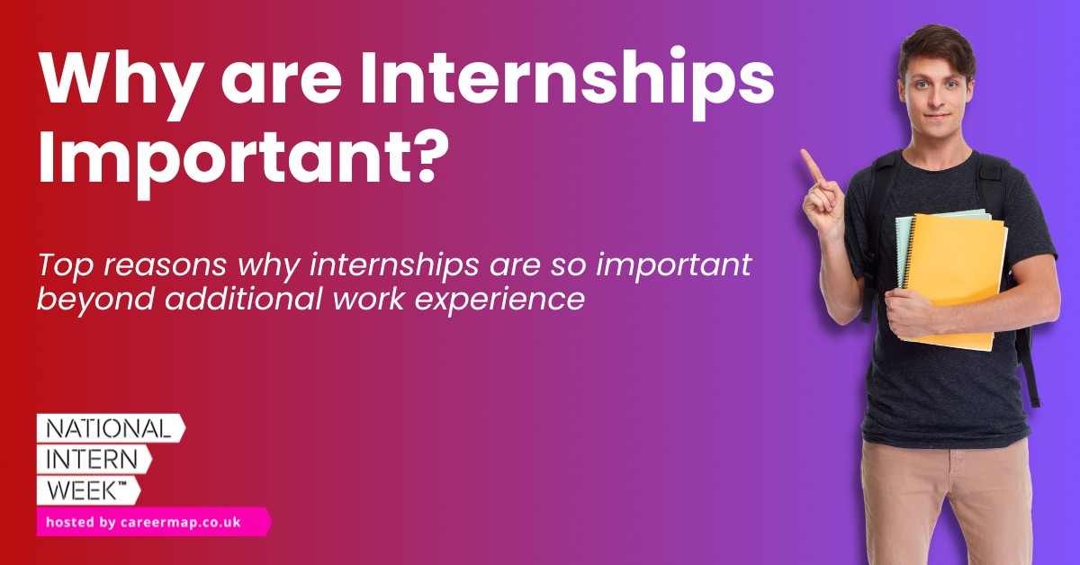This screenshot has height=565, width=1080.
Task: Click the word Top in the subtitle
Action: coord(61,265)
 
